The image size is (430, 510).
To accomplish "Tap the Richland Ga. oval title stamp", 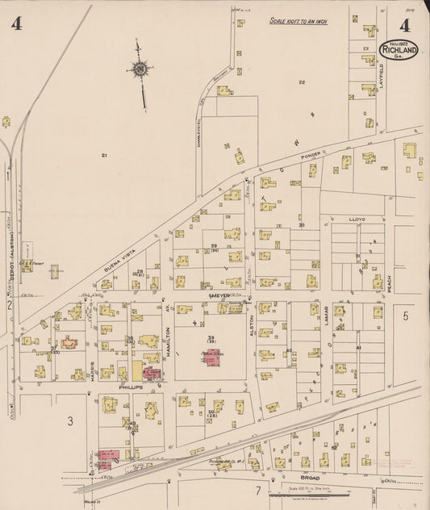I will tap(399, 49).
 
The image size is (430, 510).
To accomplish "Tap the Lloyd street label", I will tap(357, 219).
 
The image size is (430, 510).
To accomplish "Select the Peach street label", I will tap(389, 282).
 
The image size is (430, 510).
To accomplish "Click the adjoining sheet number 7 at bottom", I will tap(258, 490).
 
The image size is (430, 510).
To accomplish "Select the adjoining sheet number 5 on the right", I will tap(407, 316).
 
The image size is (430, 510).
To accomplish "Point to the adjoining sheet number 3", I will tap(71, 420).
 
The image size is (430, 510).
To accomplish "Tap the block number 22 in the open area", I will tap(302, 82).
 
